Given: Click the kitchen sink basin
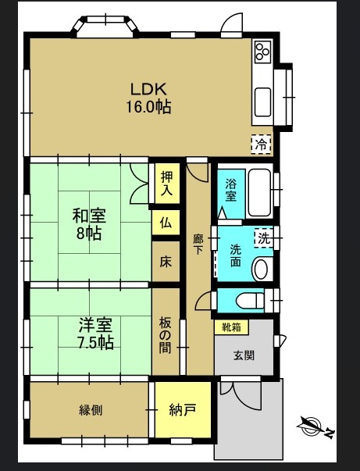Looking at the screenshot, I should pos(262,100).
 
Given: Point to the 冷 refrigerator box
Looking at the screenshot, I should pos(262,144).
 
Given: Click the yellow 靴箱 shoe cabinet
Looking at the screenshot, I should pos(230,326).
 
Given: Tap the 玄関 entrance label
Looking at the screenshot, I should pos(244,355).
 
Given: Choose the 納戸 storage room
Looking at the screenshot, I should pos(182,410).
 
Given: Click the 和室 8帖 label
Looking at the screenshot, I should pos(90,224).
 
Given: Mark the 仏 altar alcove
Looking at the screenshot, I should pos(166,223).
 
